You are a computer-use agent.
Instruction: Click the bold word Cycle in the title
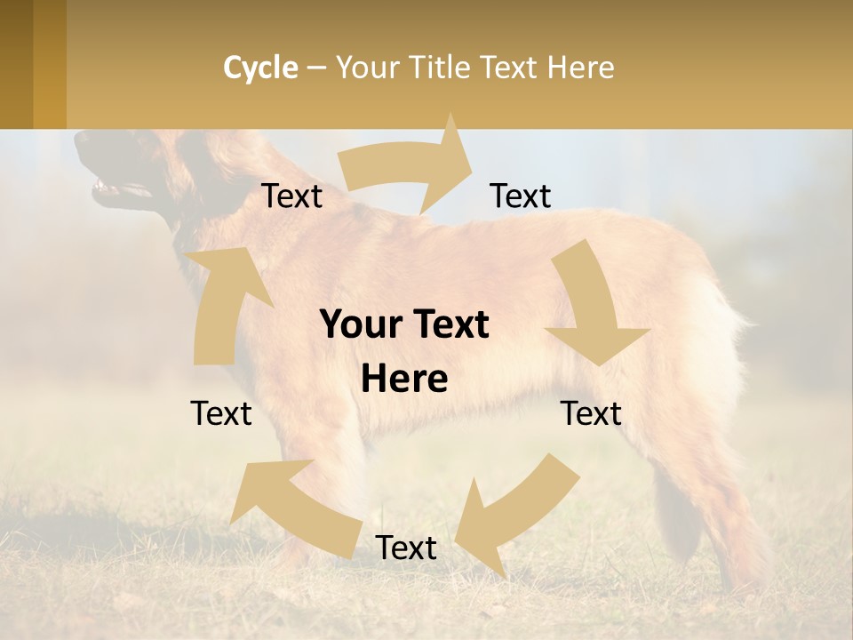point(260,68)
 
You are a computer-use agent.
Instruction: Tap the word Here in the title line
point(580,68)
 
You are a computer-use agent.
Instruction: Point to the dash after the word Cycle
point(315,68)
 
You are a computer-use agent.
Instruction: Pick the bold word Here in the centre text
point(404,380)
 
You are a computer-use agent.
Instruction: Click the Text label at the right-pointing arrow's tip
point(521,196)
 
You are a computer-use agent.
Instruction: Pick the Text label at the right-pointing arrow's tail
point(291,196)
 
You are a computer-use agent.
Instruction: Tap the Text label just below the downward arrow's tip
point(591,413)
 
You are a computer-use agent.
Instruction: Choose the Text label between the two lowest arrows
point(406,548)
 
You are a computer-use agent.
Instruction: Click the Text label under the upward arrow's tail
point(221,413)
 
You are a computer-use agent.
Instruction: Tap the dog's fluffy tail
point(711,338)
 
